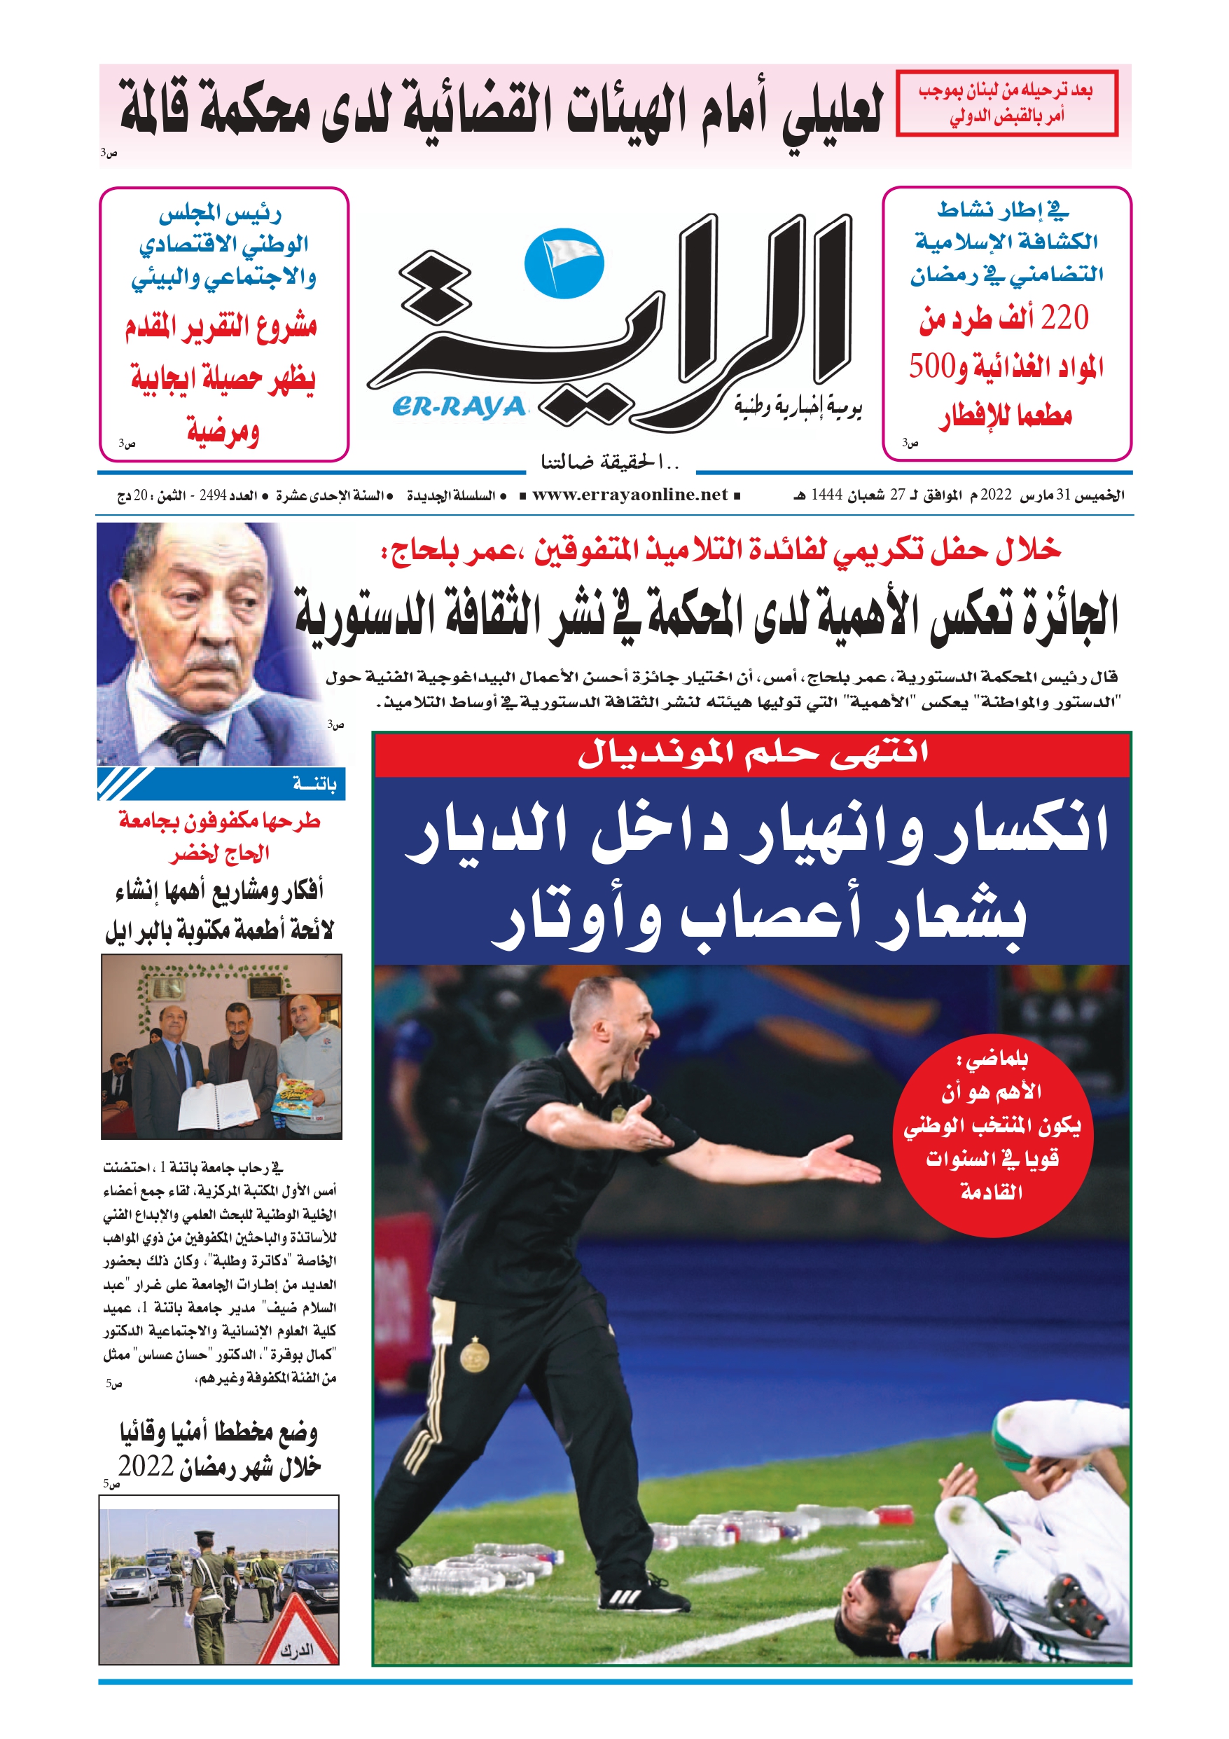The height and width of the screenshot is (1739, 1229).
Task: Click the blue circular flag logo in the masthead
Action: (x=564, y=263)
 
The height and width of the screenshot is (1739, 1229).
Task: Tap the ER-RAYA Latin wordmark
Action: (x=459, y=408)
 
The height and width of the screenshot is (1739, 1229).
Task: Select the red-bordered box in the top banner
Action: (x=1006, y=103)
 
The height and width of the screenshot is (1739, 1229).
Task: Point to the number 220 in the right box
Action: (x=1064, y=317)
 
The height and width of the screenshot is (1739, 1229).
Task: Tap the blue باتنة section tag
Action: (x=222, y=784)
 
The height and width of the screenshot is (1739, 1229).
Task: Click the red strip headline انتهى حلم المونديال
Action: (x=751, y=755)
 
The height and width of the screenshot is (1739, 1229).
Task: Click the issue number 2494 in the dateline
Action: (x=213, y=495)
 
